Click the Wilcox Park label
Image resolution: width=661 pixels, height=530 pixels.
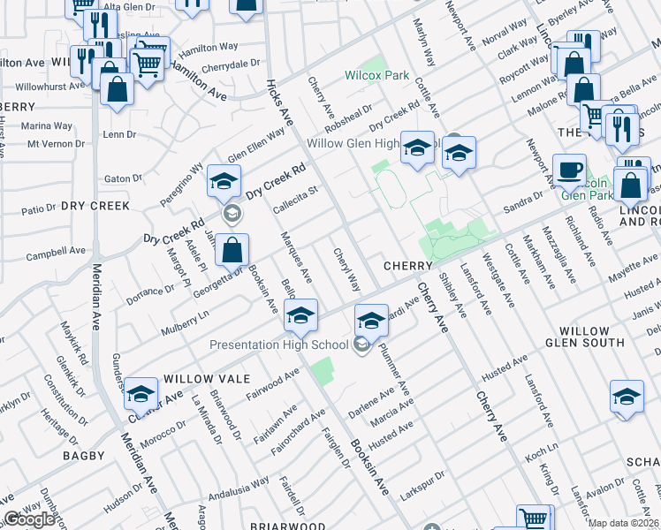[376, 75]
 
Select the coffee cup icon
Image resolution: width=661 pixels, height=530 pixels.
[569, 168]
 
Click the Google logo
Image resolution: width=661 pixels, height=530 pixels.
[28, 519]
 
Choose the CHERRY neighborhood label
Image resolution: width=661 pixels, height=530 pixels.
[406, 265]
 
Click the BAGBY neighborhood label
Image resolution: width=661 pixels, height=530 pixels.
[84, 456]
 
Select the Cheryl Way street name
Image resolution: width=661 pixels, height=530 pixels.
[346, 270]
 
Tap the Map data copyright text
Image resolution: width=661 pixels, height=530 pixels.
[624, 523]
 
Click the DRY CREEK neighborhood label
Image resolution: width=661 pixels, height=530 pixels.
[95, 206]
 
